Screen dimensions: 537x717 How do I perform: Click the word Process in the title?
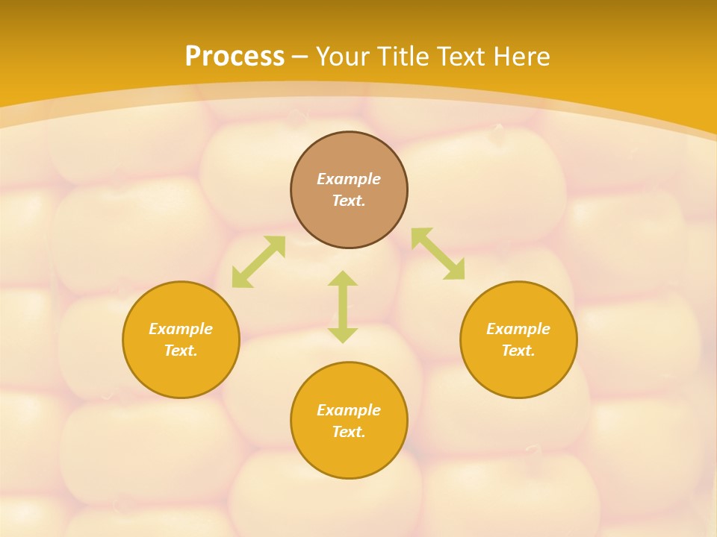click(x=235, y=57)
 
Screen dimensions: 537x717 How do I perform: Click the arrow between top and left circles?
click(x=258, y=262)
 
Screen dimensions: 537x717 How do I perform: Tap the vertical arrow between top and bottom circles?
click(x=343, y=307)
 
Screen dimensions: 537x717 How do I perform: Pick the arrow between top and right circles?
click(x=438, y=254)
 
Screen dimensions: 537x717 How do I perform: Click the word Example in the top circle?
click(x=349, y=179)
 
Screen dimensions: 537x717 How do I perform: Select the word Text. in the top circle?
click(x=349, y=201)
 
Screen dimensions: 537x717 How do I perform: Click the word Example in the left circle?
click(x=181, y=329)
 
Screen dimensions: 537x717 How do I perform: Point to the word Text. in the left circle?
click(x=181, y=351)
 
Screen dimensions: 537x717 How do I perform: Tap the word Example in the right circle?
click(x=518, y=329)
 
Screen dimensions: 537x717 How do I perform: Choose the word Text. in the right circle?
click(x=518, y=351)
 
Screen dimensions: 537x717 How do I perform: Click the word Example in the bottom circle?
click(x=349, y=410)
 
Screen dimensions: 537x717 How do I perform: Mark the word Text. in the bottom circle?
click(x=349, y=432)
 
